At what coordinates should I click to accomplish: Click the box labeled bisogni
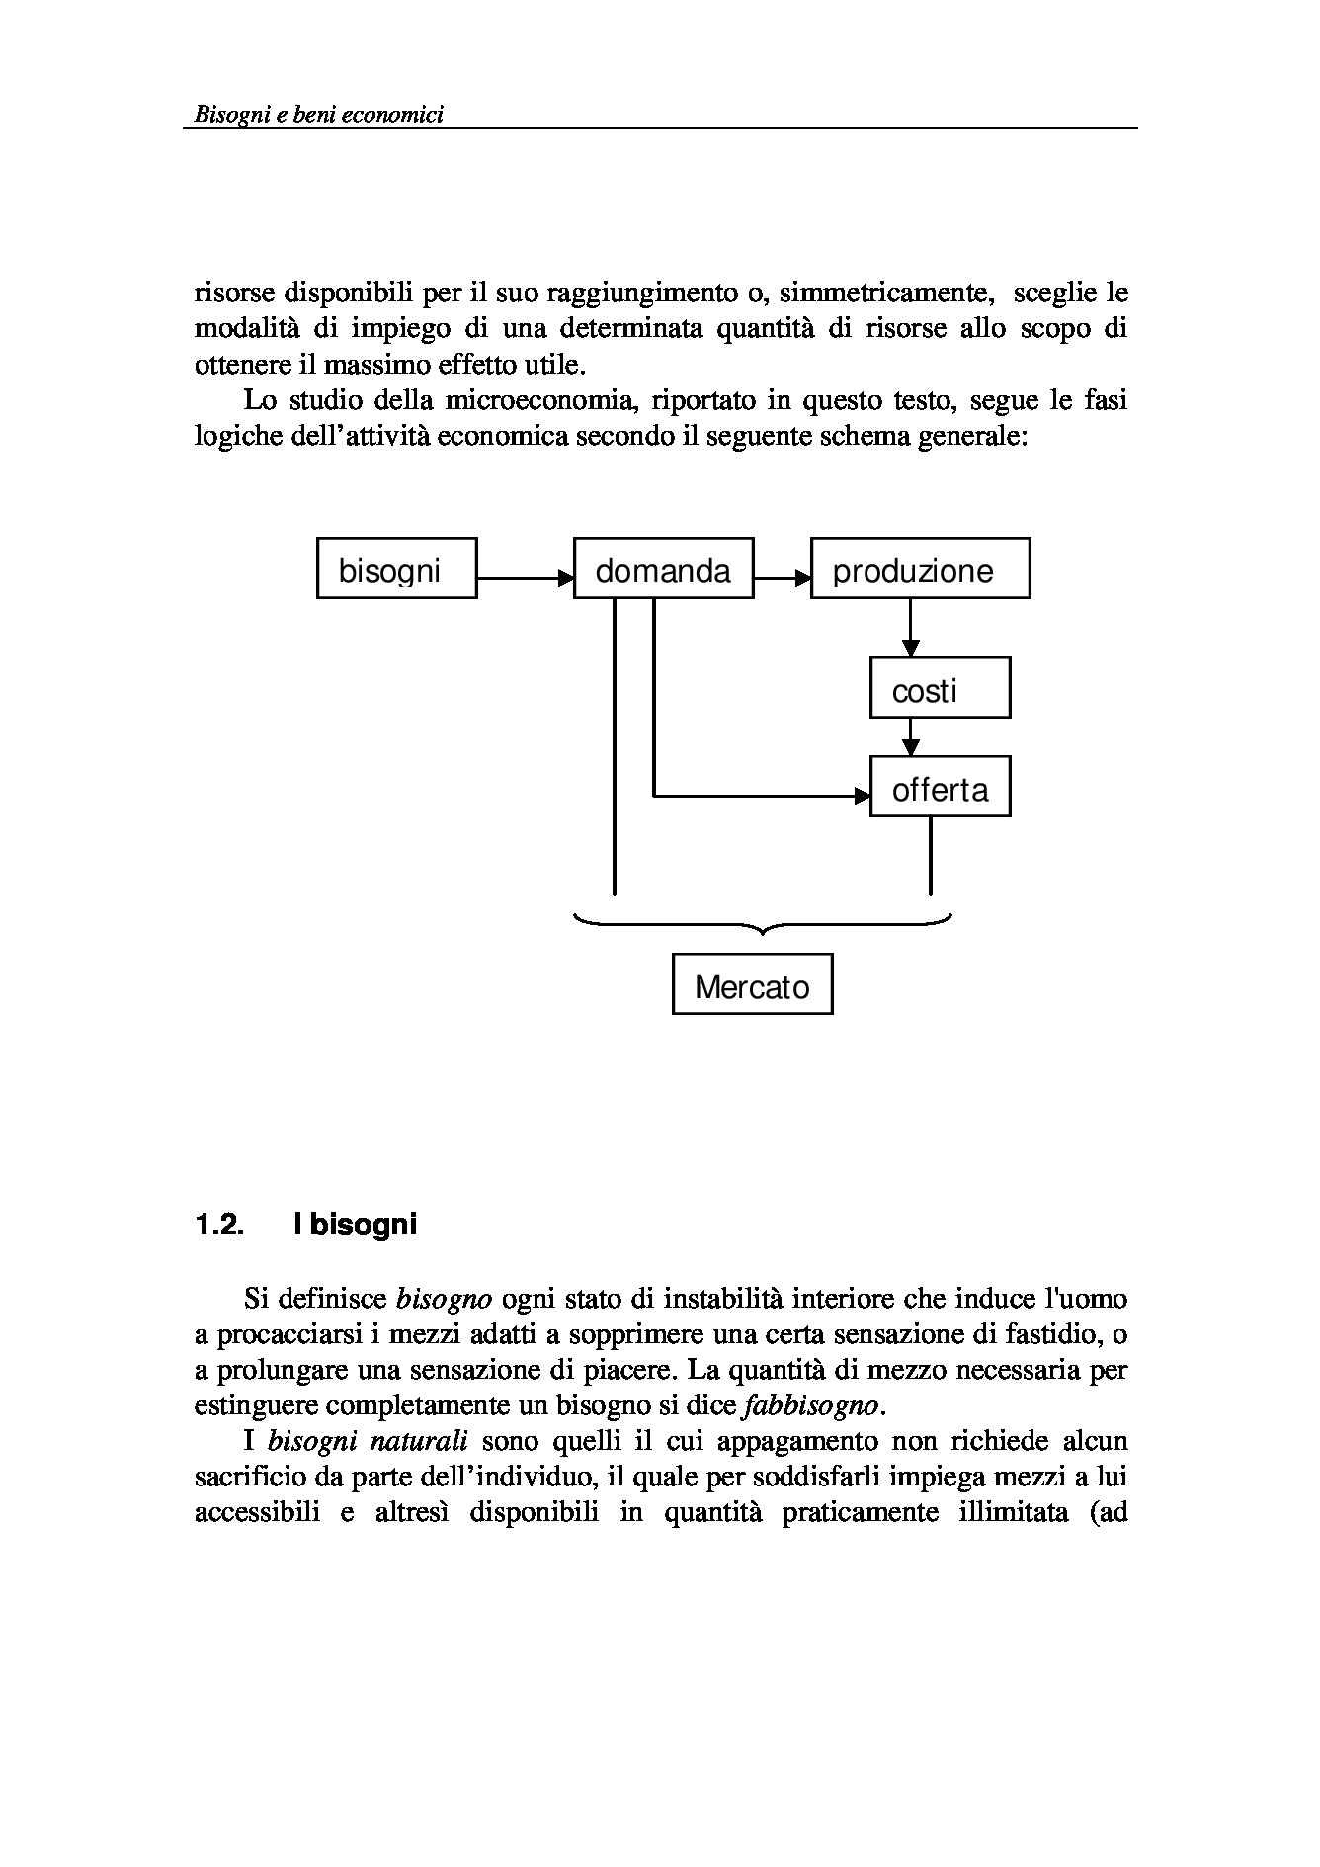coord(396,568)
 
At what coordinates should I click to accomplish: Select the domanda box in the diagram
coord(663,568)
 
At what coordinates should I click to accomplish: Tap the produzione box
coord(920,568)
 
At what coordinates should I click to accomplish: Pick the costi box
coord(940,688)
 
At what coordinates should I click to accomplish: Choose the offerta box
coord(940,787)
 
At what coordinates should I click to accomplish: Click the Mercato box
coord(752,984)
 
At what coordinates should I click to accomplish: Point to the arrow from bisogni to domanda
coord(525,577)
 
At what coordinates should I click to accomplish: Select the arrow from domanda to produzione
coord(782,577)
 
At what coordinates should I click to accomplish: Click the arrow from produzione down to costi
coord(910,628)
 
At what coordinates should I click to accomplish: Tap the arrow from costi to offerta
coord(910,736)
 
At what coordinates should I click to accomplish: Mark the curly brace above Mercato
coord(762,925)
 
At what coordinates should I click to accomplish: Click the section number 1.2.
coord(218,1226)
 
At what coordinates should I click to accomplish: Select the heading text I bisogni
coord(355,1226)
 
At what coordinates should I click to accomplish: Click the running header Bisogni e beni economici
coord(318,115)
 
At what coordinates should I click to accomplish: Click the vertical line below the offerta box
coord(930,855)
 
